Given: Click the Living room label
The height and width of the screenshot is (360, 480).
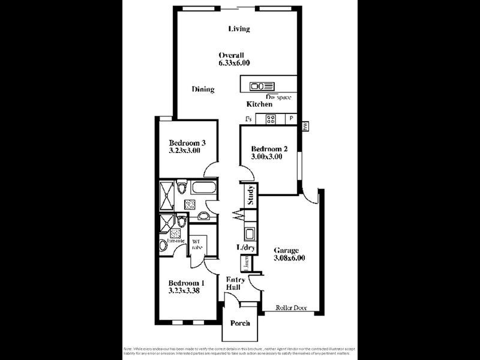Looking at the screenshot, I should click(x=239, y=29).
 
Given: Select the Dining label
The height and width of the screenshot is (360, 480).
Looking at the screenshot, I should click(x=203, y=89).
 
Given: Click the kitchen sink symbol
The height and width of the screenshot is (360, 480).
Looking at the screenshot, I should click(x=263, y=85).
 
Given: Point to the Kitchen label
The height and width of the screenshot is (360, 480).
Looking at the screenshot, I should click(x=259, y=104).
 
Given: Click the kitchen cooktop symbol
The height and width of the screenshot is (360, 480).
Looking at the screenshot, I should click(x=271, y=119).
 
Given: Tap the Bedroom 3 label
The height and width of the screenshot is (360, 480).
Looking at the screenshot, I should click(x=187, y=143).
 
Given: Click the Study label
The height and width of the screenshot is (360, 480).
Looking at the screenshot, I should click(x=251, y=196).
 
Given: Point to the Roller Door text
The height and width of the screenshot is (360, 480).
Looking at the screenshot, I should click(x=291, y=308).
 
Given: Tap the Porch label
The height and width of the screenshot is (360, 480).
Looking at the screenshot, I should click(x=240, y=323).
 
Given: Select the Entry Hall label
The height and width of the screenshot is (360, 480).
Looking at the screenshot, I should click(x=233, y=283).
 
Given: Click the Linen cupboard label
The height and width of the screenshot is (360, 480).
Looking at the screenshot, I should click(x=245, y=263).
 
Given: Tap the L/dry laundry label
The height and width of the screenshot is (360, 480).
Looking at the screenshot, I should click(x=245, y=247).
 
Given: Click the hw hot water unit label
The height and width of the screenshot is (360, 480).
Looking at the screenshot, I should click(x=305, y=126).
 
